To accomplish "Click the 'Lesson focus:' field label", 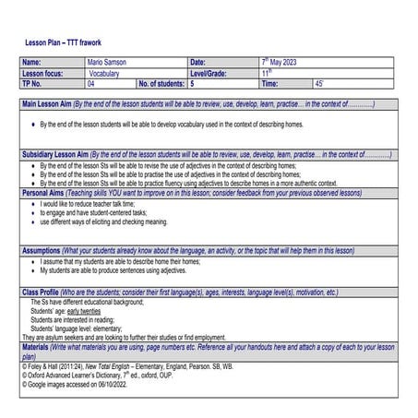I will (x=43, y=73).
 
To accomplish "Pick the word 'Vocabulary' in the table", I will (x=105, y=73).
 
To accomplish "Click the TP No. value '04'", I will (x=92, y=83).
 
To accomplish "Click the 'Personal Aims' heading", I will (x=44, y=193).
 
